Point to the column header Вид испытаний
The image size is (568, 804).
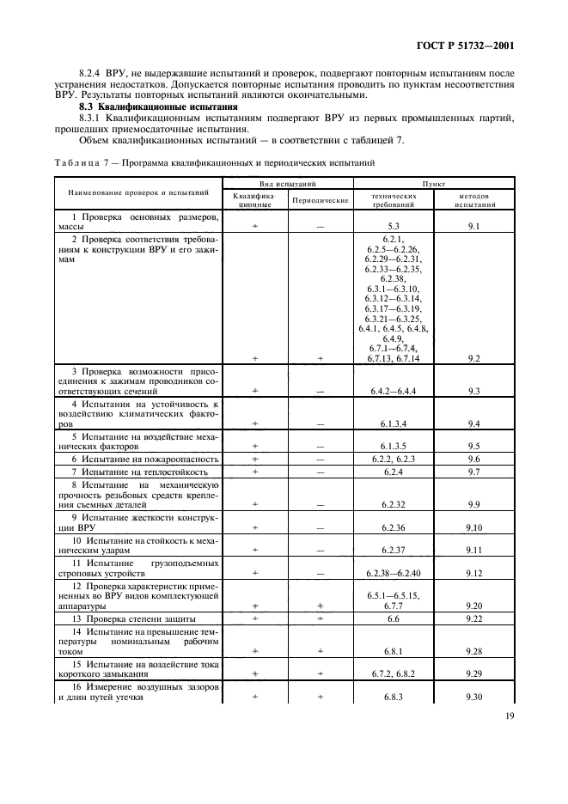click(288, 184)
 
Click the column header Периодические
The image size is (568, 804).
click(320, 199)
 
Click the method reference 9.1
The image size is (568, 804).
click(472, 226)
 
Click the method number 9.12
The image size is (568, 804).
click(472, 571)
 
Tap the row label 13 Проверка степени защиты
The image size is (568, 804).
click(133, 618)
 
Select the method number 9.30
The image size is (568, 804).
click(472, 697)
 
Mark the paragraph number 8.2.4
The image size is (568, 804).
click(91, 74)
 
